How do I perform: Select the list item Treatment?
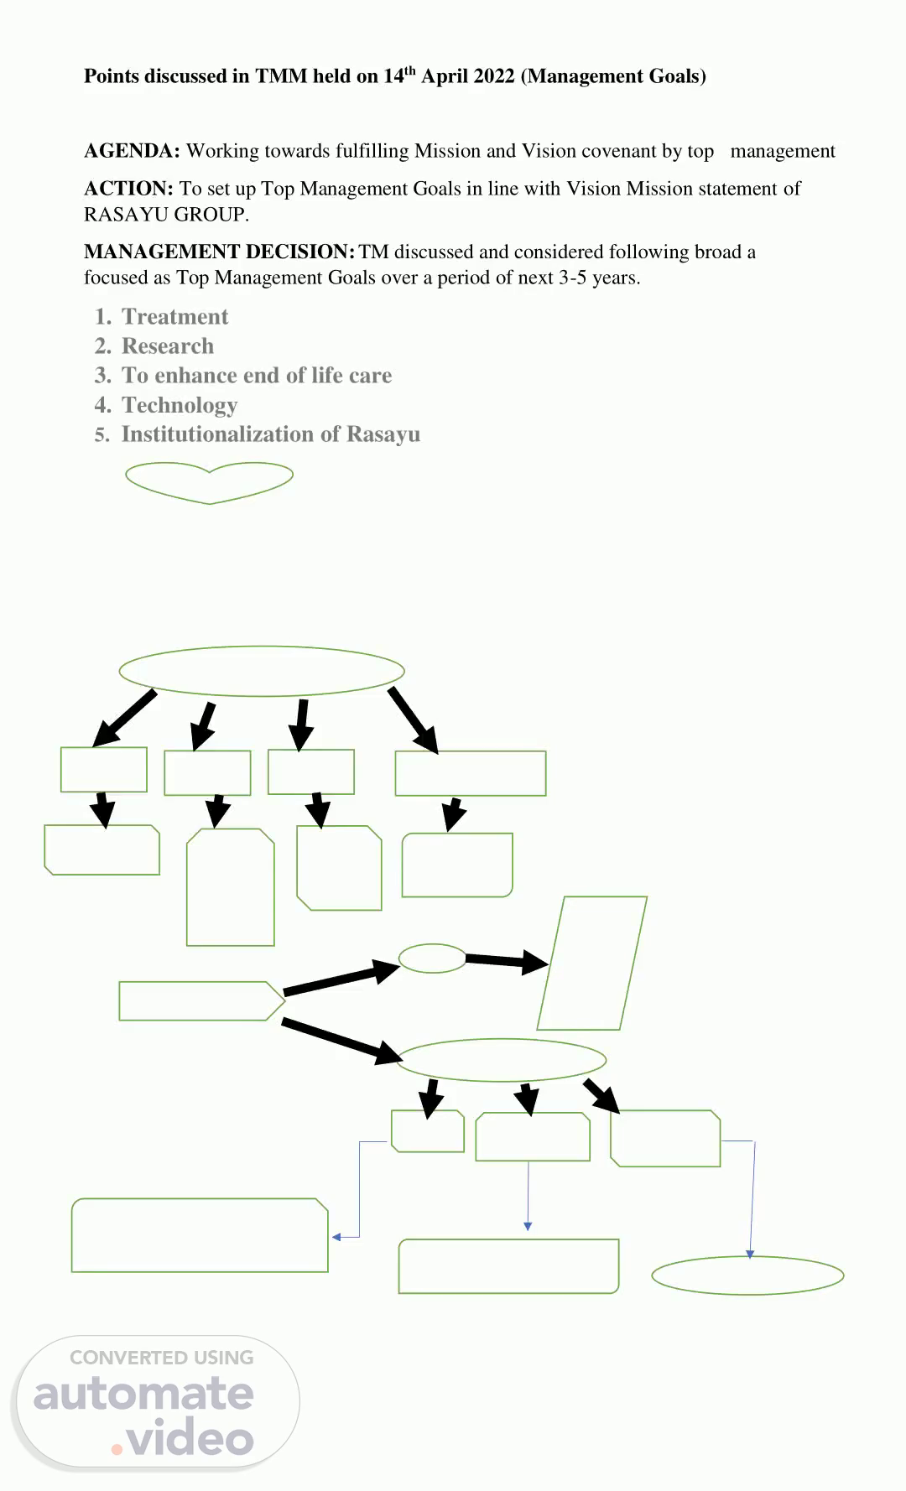point(174,317)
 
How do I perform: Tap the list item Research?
point(168,346)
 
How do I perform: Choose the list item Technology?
point(180,405)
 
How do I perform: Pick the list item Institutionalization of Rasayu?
point(270,434)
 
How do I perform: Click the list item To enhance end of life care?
point(257,376)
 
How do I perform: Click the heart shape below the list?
point(209,481)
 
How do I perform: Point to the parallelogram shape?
point(591,963)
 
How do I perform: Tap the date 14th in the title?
point(399,75)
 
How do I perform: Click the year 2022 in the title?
point(493,76)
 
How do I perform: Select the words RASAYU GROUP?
point(165,215)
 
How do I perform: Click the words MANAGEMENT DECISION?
point(219,252)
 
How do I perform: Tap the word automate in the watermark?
point(143,1394)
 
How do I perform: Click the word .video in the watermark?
point(183,1439)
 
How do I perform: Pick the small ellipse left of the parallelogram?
point(432,958)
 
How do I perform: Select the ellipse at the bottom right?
point(747,1275)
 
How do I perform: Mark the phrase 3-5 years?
point(599,278)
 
